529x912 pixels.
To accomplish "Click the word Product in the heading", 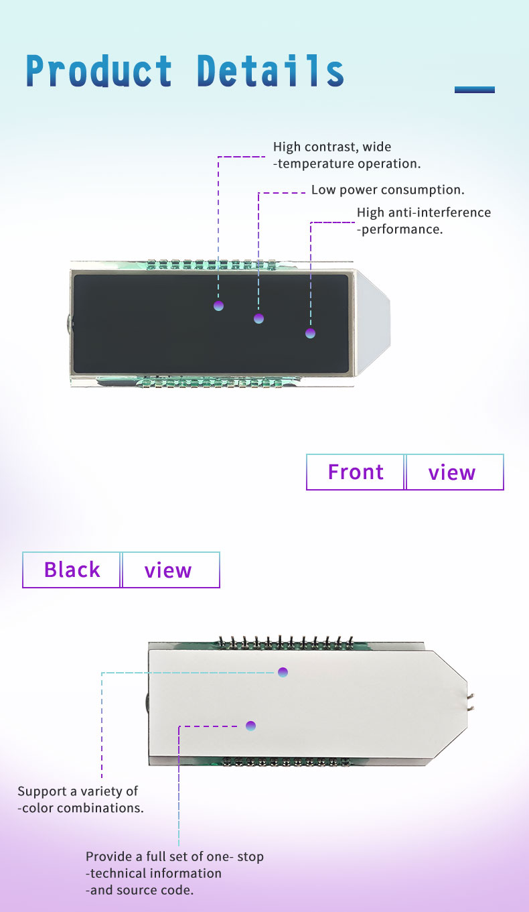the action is pyautogui.click(x=99, y=71).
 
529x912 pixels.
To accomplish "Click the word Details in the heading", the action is pyautogui.click(x=271, y=71).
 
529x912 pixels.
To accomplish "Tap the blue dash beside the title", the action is pyautogui.click(x=475, y=90).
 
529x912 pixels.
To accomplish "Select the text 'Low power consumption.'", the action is pyautogui.click(x=388, y=190).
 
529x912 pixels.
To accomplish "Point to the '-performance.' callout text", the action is pyautogui.click(x=400, y=229).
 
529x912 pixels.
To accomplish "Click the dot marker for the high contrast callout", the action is pyautogui.click(x=218, y=306).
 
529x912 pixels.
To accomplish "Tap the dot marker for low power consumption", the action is pyautogui.click(x=258, y=318).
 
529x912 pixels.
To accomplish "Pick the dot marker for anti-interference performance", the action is pyautogui.click(x=311, y=334).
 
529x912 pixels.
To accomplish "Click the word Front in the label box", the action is pyautogui.click(x=356, y=472).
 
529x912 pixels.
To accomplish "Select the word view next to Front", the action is pyautogui.click(x=452, y=472).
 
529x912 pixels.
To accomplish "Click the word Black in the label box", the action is pyautogui.click(x=72, y=570).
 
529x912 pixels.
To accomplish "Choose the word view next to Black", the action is pyautogui.click(x=167, y=570).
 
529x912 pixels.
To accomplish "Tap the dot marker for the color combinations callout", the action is pyautogui.click(x=283, y=672).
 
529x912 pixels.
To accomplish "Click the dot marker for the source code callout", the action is pyautogui.click(x=250, y=726).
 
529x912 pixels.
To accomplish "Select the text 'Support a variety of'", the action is pyautogui.click(x=77, y=791).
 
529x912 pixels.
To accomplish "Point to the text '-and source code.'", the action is pyautogui.click(x=139, y=890).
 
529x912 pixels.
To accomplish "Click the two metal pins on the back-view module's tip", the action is pyautogui.click(x=471, y=702).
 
